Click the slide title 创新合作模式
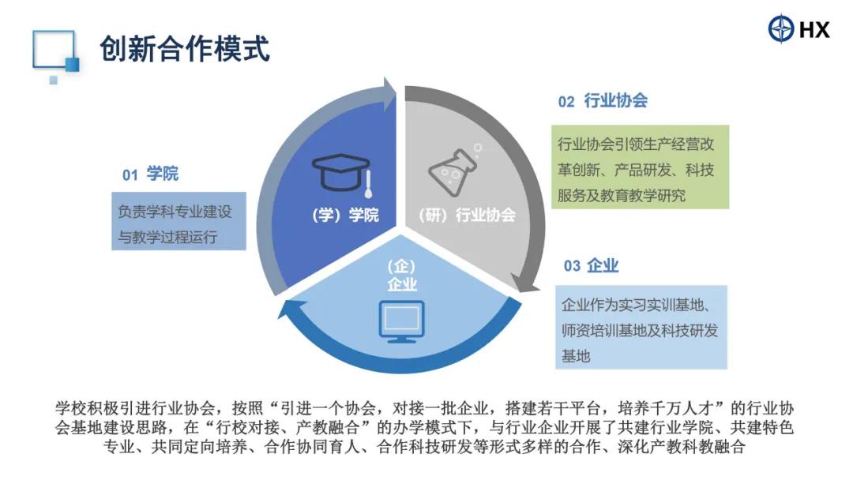184,49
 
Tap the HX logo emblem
781,28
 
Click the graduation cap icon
342,174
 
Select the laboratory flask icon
454,171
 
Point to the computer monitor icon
401,321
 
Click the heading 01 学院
150,174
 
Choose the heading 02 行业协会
603,100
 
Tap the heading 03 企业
591,266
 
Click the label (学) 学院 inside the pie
345,215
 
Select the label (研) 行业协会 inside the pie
468,215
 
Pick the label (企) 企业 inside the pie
401,275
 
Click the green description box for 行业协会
641,167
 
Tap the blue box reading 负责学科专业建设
179,221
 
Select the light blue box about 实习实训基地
641,328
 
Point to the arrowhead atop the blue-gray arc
389,93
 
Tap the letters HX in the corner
814,28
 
